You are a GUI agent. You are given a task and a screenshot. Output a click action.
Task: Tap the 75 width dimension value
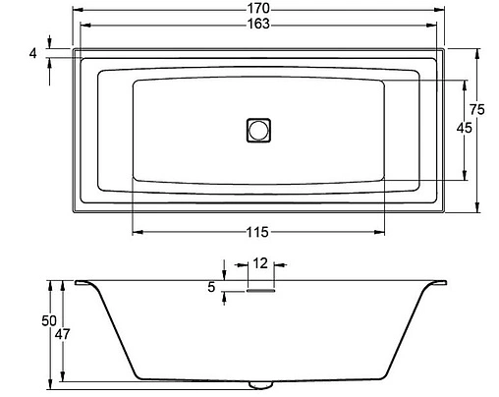click(478, 109)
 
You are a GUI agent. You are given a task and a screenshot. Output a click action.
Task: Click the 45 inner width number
click(465, 128)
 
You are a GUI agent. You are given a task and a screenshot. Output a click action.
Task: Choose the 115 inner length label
click(258, 232)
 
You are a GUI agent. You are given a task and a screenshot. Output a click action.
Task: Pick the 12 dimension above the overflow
click(259, 263)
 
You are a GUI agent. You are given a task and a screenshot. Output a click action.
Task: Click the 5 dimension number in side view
click(211, 287)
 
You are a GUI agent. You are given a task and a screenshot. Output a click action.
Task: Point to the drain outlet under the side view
click(259, 383)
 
